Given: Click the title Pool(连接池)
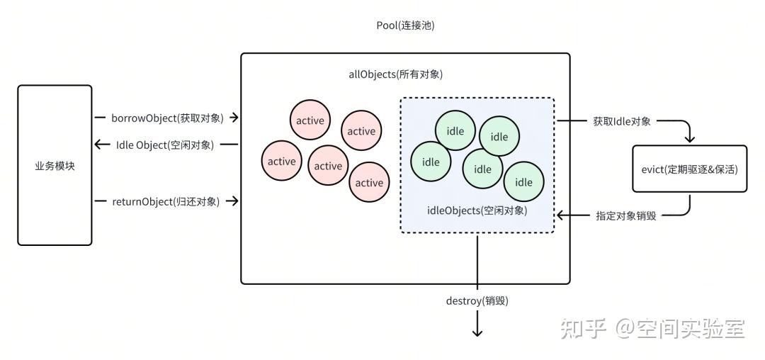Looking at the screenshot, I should coord(405,26).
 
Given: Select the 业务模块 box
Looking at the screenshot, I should coord(55,165).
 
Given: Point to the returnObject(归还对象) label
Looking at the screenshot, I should coord(166,201).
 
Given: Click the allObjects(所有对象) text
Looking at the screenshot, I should coord(405,74).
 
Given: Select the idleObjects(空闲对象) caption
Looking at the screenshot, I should coord(477,210).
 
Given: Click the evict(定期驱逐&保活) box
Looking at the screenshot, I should coord(689,169).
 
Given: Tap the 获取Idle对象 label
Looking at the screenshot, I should coord(621,121).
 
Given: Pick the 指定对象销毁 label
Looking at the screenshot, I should coord(626,215).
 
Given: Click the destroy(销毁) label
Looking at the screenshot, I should coord(477,300).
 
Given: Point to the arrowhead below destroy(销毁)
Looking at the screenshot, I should coord(477,332).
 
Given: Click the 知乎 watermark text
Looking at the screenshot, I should coord(584,328).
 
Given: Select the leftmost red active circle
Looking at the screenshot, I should coord(281,162).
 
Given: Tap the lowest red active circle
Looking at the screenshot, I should coord(369,183).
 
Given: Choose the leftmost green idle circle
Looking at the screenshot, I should coord(431,162).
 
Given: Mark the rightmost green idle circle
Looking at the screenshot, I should coord(523,182).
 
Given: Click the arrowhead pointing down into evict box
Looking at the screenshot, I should coord(689,140).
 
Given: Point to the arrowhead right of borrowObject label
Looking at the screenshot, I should coord(234,118).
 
